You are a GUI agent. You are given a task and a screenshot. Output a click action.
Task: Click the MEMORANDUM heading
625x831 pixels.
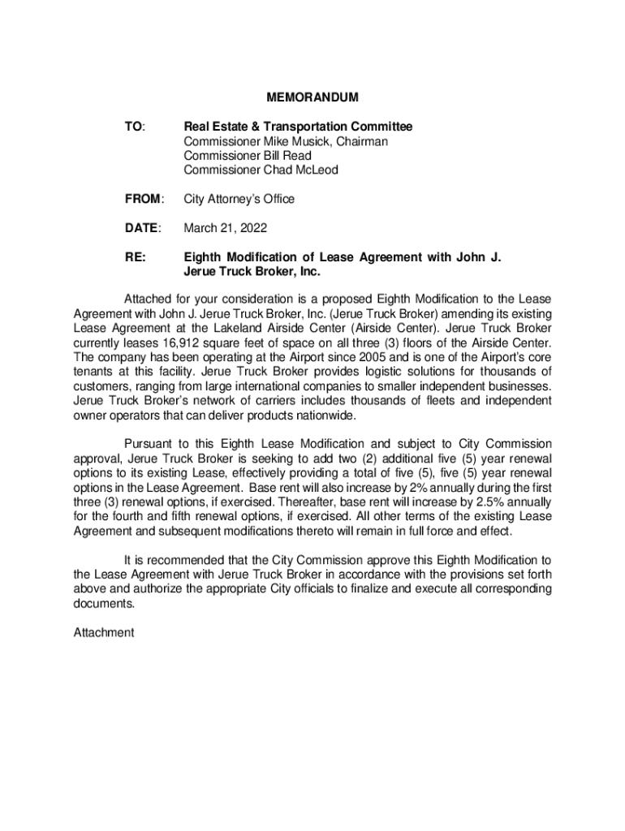tap(312, 98)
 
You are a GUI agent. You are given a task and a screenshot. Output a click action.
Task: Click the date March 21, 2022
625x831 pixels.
tap(226, 228)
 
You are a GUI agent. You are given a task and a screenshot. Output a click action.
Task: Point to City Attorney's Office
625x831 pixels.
tap(239, 199)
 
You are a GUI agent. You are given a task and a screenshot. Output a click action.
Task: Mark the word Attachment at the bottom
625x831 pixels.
tap(104, 632)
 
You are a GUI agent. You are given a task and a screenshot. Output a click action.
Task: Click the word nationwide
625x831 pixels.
tap(322, 415)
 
